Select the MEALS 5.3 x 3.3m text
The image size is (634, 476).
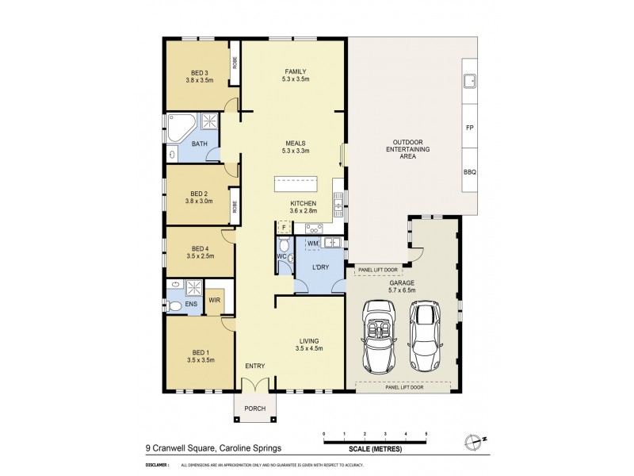click(x=295, y=147)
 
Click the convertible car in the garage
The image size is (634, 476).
click(x=380, y=336)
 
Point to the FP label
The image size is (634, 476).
click(x=469, y=128)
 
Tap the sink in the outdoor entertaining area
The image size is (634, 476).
click(x=469, y=80)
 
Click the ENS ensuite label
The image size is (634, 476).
click(x=191, y=303)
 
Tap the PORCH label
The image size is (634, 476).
click(x=255, y=409)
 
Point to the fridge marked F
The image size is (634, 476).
click(x=283, y=227)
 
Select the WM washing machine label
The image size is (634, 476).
click(x=312, y=242)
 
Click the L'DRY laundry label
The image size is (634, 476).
click(x=321, y=267)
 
